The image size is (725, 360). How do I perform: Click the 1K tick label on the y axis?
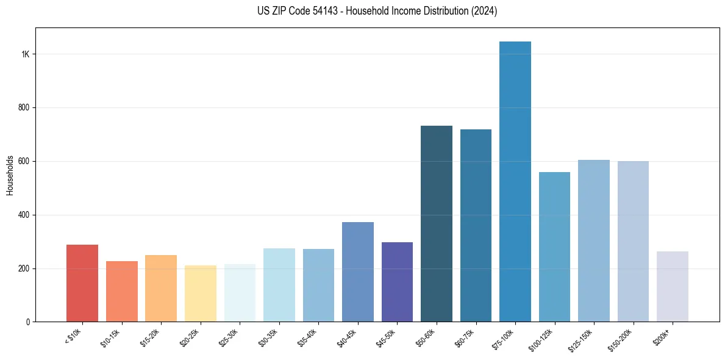(25, 54)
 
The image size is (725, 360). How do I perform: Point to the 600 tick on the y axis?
(24, 162)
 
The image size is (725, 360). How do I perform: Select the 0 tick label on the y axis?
(27, 322)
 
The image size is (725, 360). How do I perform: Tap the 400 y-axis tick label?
(24, 215)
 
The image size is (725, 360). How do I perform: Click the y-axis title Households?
(10, 175)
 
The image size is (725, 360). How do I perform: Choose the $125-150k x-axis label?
(582, 339)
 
